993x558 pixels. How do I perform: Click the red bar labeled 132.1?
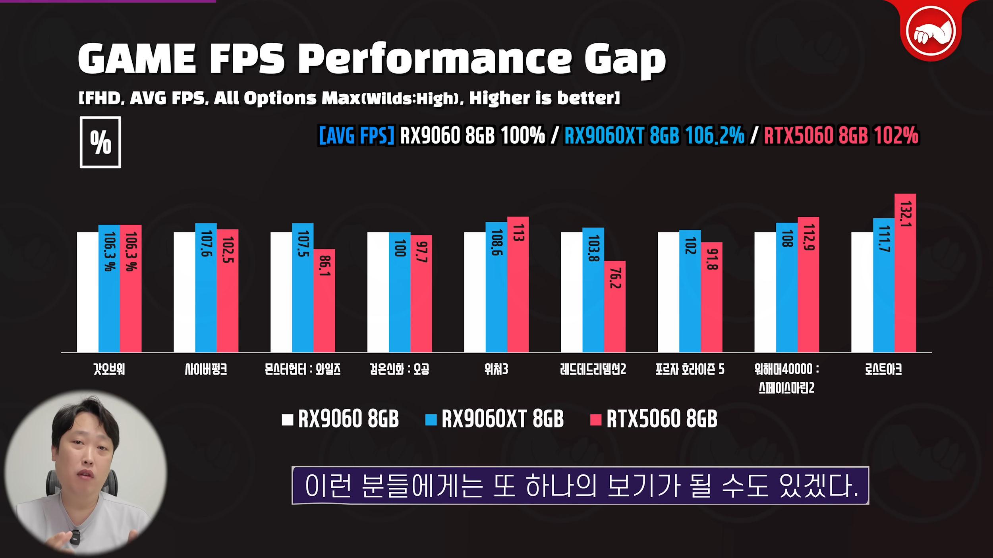(x=905, y=274)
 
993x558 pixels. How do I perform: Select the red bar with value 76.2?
(x=615, y=306)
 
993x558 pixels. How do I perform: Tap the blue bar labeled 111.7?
(x=883, y=286)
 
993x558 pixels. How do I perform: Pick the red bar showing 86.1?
(x=324, y=301)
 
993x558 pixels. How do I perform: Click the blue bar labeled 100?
(x=400, y=292)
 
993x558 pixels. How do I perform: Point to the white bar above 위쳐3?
(x=475, y=292)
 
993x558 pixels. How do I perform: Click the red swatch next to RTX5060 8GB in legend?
(x=596, y=420)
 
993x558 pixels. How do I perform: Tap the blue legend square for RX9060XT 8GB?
(x=431, y=420)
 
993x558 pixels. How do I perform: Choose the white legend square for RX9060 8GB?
(x=287, y=420)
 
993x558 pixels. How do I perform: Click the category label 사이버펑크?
(x=206, y=370)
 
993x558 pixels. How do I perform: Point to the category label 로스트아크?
(x=883, y=370)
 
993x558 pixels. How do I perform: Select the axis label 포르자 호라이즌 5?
(x=690, y=370)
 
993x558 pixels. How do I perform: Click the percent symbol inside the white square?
(x=100, y=142)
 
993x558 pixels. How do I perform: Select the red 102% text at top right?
(x=896, y=136)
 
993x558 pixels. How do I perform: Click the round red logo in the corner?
(x=931, y=31)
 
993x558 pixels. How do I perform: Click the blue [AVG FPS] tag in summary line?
(x=357, y=136)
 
